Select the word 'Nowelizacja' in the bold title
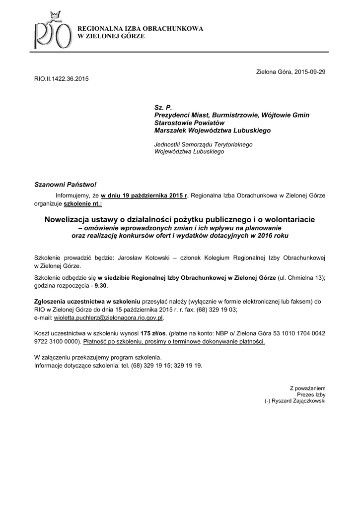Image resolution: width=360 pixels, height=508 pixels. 68,219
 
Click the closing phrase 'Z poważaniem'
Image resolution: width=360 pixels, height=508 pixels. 307,388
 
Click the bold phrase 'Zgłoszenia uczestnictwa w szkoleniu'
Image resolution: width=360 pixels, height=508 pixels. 87,301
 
